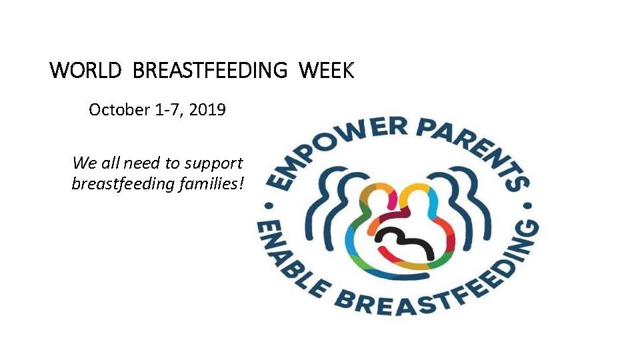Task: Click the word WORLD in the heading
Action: tap(85, 70)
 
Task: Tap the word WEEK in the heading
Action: tap(326, 70)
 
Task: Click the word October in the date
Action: tap(119, 109)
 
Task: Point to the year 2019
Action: tap(207, 109)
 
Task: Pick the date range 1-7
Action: tap(167, 110)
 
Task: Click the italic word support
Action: tap(213, 164)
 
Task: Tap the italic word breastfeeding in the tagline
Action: tap(123, 184)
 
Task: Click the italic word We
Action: tap(84, 163)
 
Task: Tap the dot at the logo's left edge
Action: tap(269, 206)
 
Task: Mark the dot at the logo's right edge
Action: tap(528, 205)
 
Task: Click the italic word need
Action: tap(141, 163)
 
